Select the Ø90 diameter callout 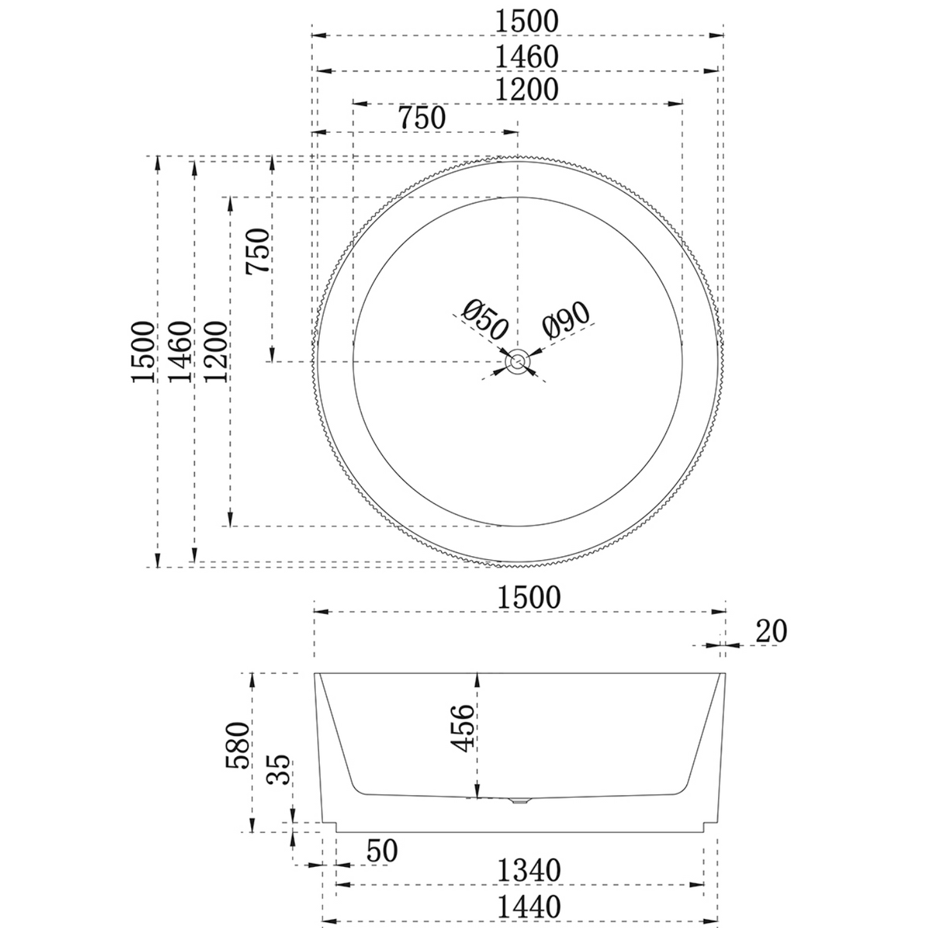565,319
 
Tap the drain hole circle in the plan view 518,362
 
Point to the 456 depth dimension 462,727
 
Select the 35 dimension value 279,769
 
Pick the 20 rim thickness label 771,632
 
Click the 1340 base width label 529,871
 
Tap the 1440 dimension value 529,907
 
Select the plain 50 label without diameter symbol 382,851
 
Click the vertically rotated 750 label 259,251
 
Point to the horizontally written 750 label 422,118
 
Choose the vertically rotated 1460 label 180,352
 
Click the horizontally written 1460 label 527,57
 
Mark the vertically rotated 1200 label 216,352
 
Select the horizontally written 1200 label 527,90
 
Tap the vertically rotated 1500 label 143,352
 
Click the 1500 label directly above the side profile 529,598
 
